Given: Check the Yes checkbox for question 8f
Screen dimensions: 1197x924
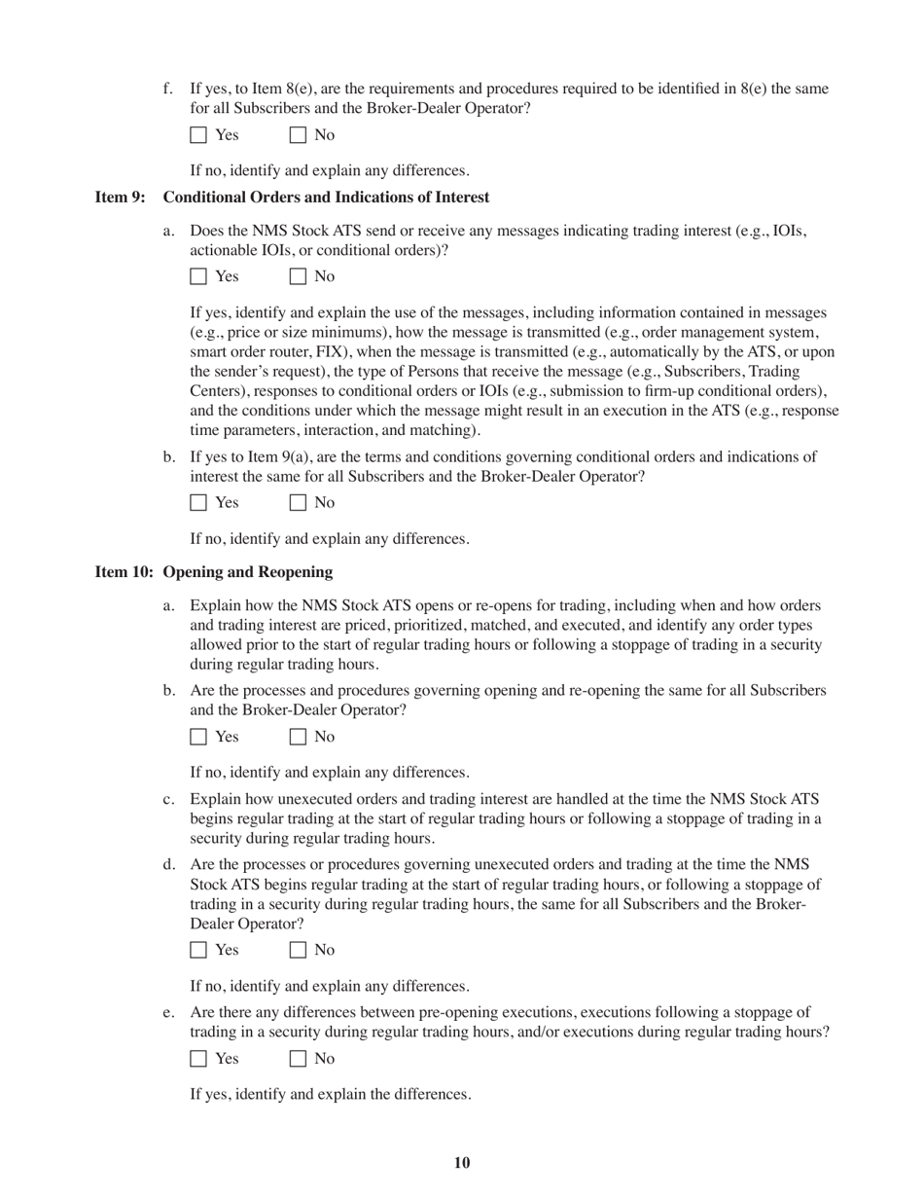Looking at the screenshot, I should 198,135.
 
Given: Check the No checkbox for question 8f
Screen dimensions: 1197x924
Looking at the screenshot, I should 298,135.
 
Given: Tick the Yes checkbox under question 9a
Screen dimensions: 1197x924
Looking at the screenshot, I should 198,276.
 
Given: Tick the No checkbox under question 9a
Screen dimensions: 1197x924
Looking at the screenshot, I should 298,276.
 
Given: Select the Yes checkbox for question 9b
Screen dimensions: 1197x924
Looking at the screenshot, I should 198,503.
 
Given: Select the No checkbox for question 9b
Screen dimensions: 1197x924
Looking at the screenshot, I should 298,503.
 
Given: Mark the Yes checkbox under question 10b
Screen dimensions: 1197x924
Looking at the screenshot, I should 198,737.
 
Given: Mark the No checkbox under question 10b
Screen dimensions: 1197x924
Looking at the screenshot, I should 298,737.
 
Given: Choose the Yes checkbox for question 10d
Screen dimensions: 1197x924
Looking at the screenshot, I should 198,950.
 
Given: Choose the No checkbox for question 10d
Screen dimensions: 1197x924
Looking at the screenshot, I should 298,950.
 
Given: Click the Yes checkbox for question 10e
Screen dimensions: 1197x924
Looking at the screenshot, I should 198,1059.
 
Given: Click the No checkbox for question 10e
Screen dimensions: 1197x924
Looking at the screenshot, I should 298,1059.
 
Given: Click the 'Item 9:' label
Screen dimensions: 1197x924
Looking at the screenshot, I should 120,198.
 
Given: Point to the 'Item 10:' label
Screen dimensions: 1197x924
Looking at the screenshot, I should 124,572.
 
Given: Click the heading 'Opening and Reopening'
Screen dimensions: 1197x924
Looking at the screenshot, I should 248,572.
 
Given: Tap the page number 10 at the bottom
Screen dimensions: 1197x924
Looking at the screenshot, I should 462,1163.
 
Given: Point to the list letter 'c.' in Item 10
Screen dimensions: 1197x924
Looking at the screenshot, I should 169,800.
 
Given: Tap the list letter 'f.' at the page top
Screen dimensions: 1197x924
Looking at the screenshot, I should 168,90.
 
